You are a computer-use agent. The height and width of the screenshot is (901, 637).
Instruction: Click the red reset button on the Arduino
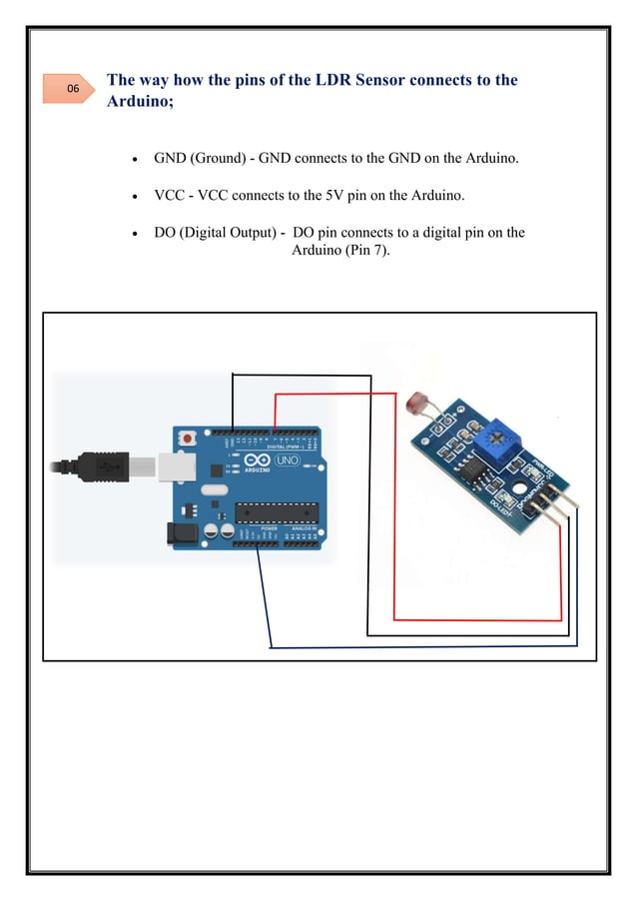tap(187, 439)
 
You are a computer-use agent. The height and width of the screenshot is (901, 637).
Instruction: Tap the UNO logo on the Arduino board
tap(288, 462)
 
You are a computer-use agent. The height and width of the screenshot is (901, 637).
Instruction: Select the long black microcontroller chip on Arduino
tap(279, 511)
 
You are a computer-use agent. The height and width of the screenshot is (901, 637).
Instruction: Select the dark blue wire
tap(419, 648)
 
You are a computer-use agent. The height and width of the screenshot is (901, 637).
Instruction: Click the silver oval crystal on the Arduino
tap(213, 489)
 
